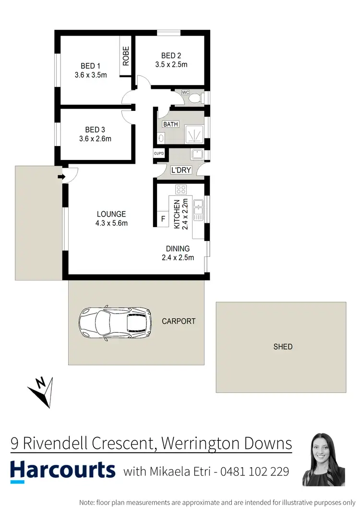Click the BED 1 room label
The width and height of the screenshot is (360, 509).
click(90, 66)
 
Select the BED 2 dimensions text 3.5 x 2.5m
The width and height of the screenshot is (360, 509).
click(171, 64)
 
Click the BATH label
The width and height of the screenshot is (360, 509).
click(170, 124)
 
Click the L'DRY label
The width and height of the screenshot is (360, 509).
click(181, 170)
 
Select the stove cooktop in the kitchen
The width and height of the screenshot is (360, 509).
click(181, 189)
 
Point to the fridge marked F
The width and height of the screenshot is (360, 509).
click(163, 219)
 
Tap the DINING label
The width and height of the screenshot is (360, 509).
click(178, 249)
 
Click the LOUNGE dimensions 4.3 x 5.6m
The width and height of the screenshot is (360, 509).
click(111, 223)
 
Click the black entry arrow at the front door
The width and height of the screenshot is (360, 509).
click(61, 177)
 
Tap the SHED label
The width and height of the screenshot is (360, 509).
click(282, 346)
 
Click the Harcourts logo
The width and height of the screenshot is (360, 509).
click(63, 470)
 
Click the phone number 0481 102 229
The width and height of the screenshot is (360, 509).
click(254, 472)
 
